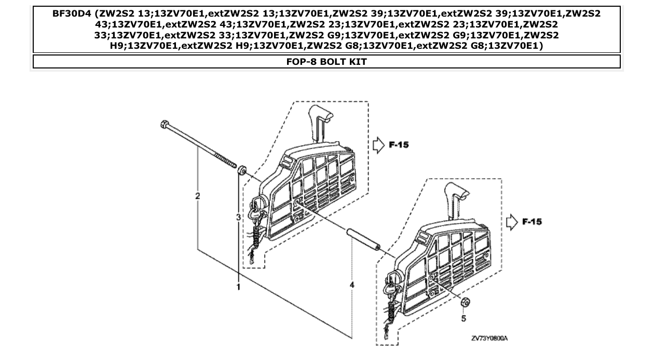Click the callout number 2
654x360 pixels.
point(197,196)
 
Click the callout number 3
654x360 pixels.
point(238,217)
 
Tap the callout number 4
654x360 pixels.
point(352,285)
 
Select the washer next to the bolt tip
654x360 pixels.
point(241,171)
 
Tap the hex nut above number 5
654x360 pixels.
point(466,302)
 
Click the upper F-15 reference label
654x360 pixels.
point(399,145)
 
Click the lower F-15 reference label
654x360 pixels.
point(533,222)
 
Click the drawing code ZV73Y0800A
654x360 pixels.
point(489,338)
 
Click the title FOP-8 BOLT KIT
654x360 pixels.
point(326,62)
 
